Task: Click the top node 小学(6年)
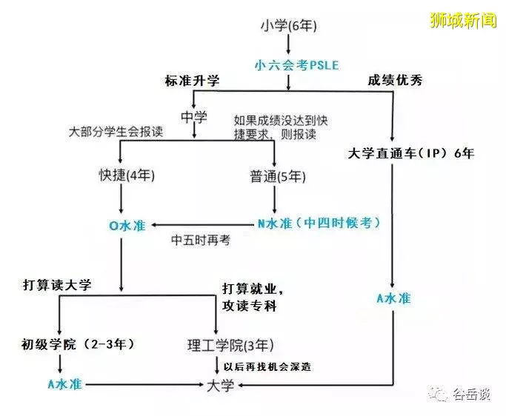[288, 25]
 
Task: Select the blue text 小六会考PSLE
[296, 65]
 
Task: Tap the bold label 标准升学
[192, 80]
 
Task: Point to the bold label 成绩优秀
[395, 80]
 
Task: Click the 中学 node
[194, 117]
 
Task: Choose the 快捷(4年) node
[127, 175]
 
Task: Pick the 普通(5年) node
[278, 176]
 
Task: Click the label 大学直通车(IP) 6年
[411, 153]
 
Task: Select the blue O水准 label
[127, 226]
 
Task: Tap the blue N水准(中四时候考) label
[319, 223]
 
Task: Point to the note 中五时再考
[200, 240]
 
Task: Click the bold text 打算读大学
[57, 285]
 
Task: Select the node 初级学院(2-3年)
[78, 344]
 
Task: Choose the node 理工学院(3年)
[230, 346]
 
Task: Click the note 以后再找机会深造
[267, 366]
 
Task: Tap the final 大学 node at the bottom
[221, 386]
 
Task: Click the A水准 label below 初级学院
[65, 384]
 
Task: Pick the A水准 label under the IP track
[393, 298]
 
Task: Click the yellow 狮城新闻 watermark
[463, 20]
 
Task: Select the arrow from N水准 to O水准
[203, 225]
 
